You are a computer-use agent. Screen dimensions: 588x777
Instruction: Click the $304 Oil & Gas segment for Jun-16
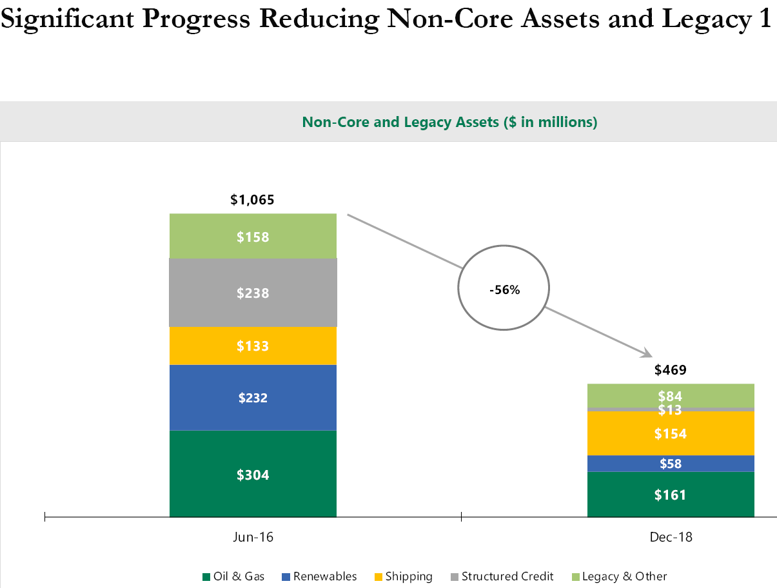(x=253, y=474)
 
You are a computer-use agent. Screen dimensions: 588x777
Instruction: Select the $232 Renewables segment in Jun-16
(x=253, y=397)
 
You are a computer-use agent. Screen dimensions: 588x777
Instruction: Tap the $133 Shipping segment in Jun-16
(x=253, y=346)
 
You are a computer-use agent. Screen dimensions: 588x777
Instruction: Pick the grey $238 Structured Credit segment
(x=253, y=293)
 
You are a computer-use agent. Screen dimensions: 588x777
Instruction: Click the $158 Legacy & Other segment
(x=253, y=236)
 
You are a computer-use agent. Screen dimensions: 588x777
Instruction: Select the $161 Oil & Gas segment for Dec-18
(x=671, y=495)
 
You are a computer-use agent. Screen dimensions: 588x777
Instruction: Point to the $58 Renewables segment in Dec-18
(x=671, y=463)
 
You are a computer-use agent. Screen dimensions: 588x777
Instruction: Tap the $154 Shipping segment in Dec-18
(x=671, y=433)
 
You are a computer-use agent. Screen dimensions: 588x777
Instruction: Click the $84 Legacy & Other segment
(x=671, y=395)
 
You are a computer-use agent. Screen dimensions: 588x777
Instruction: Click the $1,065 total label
(x=252, y=200)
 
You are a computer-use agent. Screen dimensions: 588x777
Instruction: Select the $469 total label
(x=670, y=370)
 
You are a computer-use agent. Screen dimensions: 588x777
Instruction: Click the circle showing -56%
(x=504, y=289)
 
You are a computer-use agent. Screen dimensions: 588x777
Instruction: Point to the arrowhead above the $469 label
(x=647, y=352)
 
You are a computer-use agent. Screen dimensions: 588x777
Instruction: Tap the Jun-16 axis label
(x=253, y=537)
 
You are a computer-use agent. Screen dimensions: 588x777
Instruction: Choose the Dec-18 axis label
(x=671, y=537)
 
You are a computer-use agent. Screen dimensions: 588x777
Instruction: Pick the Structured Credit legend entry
(x=502, y=576)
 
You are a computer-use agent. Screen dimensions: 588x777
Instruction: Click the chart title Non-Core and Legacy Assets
(x=449, y=122)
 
